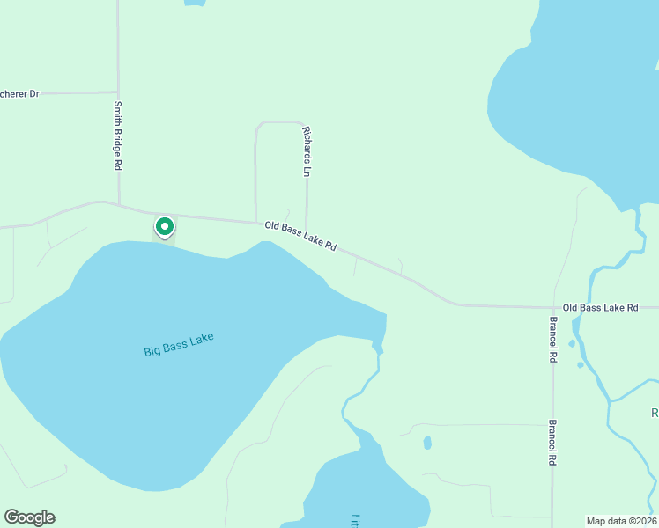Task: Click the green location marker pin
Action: point(164,227)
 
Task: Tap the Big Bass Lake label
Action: point(179,344)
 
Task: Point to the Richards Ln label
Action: point(307,152)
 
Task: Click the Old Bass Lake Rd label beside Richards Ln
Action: point(300,236)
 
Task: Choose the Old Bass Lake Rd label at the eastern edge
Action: point(600,307)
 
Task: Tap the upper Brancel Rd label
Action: point(552,340)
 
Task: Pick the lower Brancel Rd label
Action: point(552,442)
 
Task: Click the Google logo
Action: point(29,517)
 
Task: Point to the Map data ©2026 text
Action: point(621,520)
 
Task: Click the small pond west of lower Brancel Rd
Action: point(427,443)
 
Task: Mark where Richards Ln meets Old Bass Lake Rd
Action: point(307,225)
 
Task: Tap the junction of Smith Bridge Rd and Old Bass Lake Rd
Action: point(119,206)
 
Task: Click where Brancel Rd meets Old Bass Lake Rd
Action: point(552,307)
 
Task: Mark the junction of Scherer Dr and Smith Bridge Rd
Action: point(118,92)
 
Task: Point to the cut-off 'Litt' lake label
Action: point(355,520)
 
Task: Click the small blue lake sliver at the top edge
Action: point(195,3)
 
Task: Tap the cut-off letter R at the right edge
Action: point(655,413)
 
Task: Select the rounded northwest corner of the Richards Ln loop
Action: point(258,126)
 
